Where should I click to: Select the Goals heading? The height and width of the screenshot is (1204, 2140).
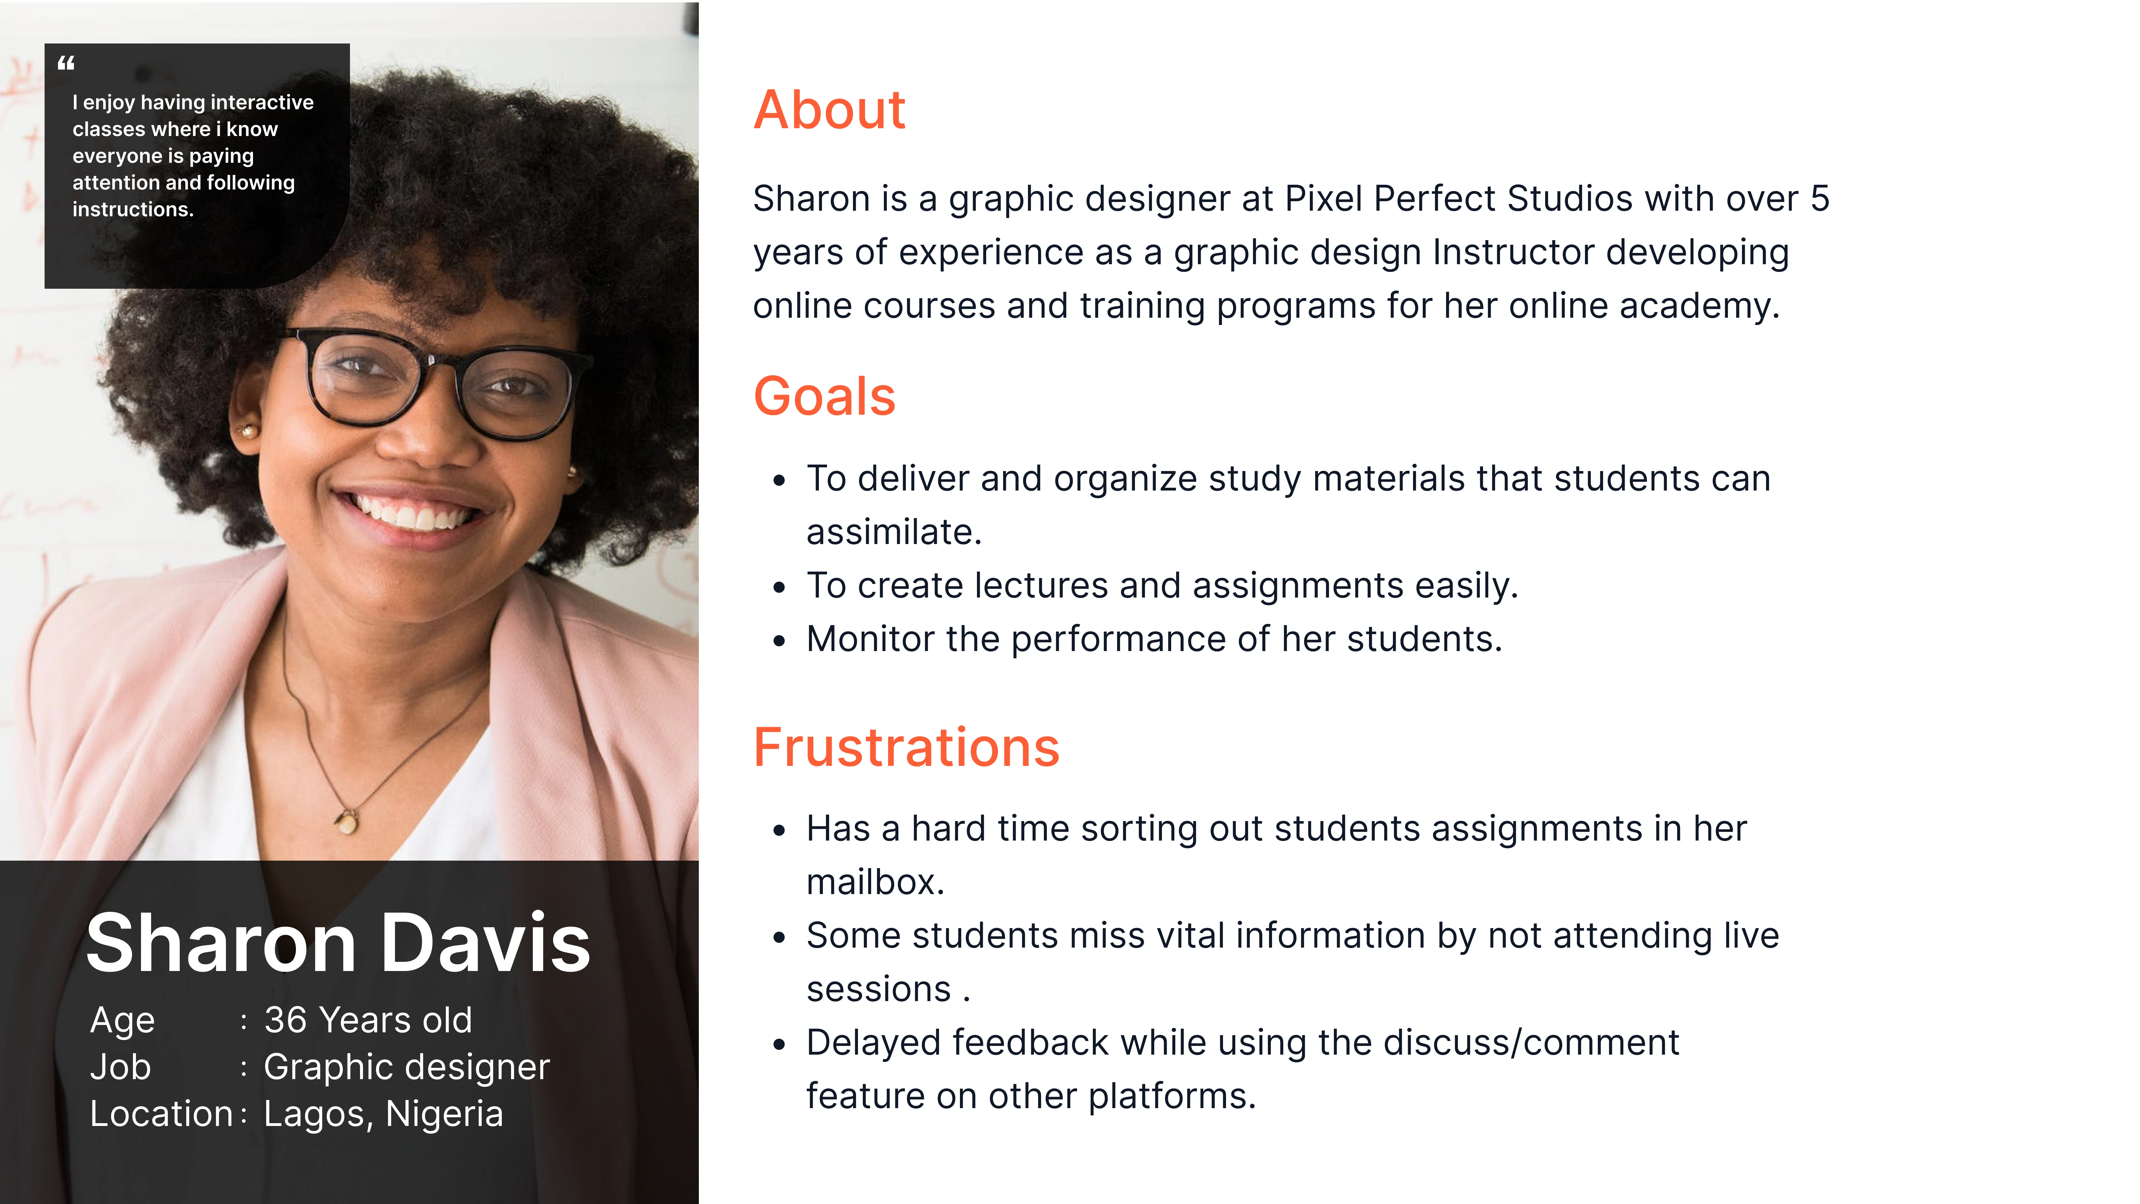click(x=824, y=396)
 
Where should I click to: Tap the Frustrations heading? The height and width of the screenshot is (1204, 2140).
click(x=906, y=747)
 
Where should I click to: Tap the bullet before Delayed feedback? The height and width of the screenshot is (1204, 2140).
click(x=779, y=1045)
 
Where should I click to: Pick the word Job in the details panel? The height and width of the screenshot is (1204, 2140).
click(x=120, y=1067)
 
